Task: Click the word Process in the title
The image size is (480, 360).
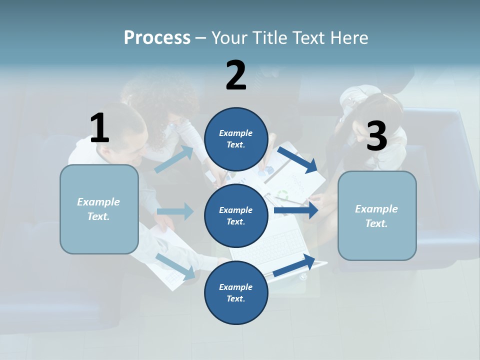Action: (x=157, y=38)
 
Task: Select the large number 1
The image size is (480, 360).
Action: (x=99, y=128)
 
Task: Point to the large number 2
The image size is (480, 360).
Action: (x=236, y=75)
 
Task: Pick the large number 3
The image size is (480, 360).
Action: (x=376, y=136)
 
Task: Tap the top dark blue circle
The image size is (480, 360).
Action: (x=236, y=139)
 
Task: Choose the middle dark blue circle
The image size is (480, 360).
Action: (x=236, y=215)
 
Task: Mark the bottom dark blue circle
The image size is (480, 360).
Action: (x=236, y=293)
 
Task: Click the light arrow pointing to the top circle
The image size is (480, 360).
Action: (x=174, y=159)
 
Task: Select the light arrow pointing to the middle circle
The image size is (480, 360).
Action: (x=175, y=211)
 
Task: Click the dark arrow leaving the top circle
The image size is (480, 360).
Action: (x=298, y=160)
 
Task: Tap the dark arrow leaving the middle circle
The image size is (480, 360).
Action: (x=296, y=210)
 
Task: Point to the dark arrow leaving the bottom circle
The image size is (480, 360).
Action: (x=294, y=265)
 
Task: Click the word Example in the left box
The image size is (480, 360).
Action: (x=98, y=202)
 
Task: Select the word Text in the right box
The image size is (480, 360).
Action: (x=376, y=223)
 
